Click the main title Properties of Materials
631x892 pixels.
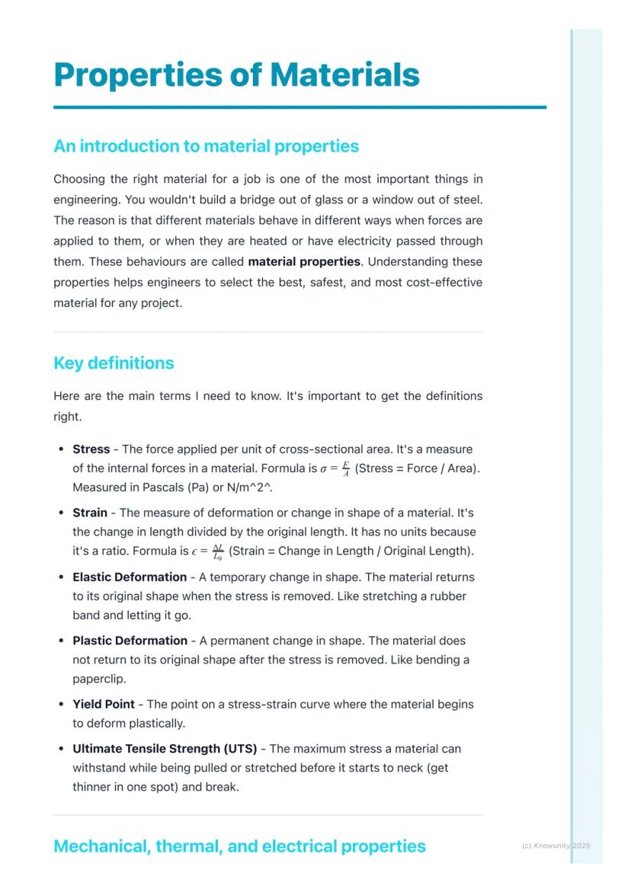click(x=236, y=75)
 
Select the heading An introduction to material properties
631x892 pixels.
click(x=206, y=145)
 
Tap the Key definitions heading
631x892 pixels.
click(x=114, y=363)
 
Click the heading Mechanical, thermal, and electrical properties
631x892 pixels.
click(x=239, y=846)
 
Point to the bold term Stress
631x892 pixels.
click(x=91, y=449)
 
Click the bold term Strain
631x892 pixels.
click(x=90, y=513)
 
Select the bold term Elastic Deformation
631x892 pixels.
click(x=130, y=577)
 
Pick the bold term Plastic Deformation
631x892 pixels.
click(x=130, y=641)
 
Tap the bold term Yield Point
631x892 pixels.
click(x=104, y=705)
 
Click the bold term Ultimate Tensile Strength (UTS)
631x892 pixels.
click(x=165, y=749)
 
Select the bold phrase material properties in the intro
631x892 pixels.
click(x=304, y=261)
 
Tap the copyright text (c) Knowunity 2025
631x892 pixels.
click(x=556, y=846)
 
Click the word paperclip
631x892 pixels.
click(x=99, y=678)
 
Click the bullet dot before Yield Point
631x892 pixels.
click(x=60, y=705)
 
